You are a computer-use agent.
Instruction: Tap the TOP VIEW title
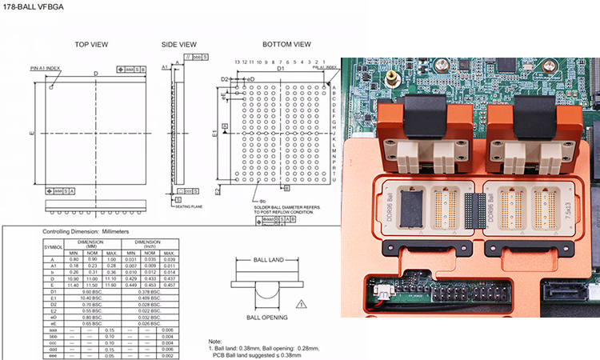(x=91, y=44)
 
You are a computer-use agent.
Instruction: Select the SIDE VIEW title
(x=178, y=44)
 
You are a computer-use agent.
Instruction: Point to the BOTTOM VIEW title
(x=286, y=44)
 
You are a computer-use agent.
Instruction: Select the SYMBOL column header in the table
(x=54, y=246)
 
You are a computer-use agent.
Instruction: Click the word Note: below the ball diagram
(x=214, y=342)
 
